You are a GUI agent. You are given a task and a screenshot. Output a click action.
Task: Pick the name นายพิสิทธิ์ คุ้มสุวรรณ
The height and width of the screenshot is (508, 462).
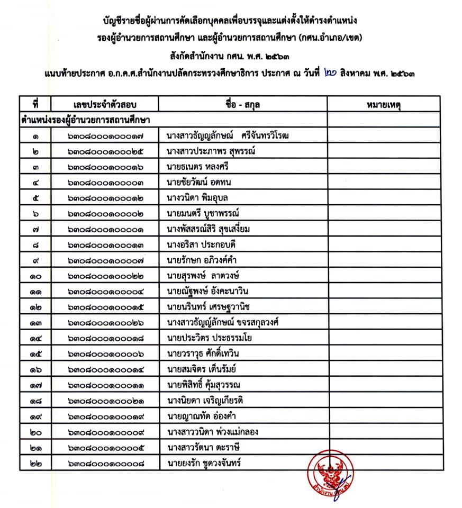click(206, 384)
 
